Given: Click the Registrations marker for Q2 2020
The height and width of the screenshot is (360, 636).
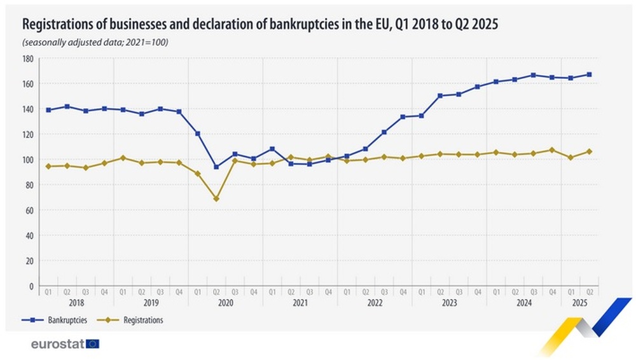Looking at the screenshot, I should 216,198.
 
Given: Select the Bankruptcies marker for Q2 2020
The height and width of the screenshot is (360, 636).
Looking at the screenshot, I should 216,167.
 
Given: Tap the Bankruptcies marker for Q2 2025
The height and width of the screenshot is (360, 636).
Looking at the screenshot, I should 589,74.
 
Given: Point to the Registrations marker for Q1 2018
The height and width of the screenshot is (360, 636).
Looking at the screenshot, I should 48,166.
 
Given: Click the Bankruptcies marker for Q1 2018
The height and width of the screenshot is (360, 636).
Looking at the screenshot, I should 48,110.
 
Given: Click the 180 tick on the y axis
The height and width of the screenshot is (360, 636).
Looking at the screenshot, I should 27,59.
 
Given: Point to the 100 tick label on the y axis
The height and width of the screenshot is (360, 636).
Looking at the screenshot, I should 27,160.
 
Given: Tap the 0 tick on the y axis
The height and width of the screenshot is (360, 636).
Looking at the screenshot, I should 31,286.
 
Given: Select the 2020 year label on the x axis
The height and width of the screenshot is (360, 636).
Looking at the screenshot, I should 226,303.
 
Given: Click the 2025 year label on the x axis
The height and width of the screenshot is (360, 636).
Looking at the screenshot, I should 579,303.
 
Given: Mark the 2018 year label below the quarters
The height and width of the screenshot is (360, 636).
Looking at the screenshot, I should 76,303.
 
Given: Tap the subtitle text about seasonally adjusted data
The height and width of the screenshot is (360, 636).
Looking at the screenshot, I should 95,42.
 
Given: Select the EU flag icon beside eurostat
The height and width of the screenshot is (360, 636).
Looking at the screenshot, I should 93,344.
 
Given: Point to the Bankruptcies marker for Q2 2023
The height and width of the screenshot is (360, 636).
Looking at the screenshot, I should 439,95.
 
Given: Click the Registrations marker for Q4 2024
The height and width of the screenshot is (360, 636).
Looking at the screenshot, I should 551,150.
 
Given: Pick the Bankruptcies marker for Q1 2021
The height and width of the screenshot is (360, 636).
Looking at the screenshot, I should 272,149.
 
